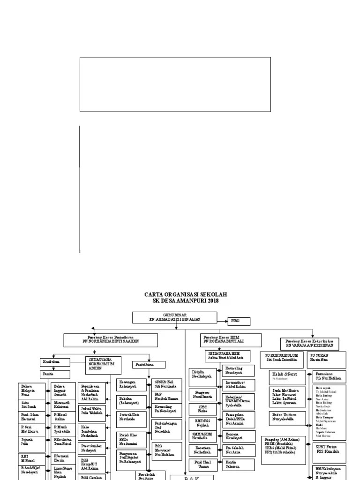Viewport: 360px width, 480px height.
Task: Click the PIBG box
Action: click(x=239, y=321)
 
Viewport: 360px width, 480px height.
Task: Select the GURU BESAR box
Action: click(x=175, y=317)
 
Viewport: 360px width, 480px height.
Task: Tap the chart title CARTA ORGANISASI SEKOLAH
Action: click(x=185, y=294)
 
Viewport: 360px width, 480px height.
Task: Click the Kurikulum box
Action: click(x=55, y=362)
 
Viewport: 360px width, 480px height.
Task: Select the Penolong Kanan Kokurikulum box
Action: click(x=310, y=343)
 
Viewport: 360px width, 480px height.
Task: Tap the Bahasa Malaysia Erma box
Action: click(x=32, y=390)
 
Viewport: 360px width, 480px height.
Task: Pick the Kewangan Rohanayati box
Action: click(x=131, y=385)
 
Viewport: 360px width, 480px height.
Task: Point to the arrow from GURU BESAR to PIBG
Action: click(x=222, y=321)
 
